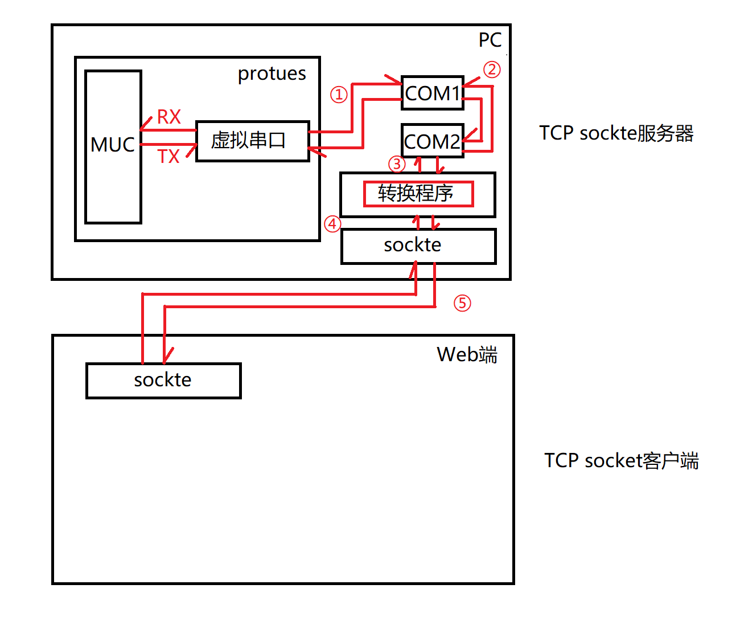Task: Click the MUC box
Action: coord(113,146)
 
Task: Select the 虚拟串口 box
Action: coord(252,141)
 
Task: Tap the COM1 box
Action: coord(432,93)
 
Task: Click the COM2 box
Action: coord(432,141)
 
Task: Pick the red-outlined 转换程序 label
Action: coord(418,194)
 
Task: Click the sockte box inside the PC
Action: coord(418,246)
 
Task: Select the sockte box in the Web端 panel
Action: coord(163,381)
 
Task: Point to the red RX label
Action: coord(168,117)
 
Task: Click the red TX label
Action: coord(168,156)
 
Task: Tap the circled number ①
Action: coord(339,95)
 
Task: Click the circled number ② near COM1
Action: coord(492,70)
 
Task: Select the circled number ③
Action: coord(396,164)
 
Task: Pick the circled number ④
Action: coord(332,224)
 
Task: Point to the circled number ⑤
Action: coord(462,303)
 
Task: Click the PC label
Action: coord(490,40)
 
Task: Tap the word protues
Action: coord(272,74)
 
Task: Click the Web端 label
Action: coord(467,355)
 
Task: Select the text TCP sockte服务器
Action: coord(616,133)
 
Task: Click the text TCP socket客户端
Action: coord(621,460)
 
